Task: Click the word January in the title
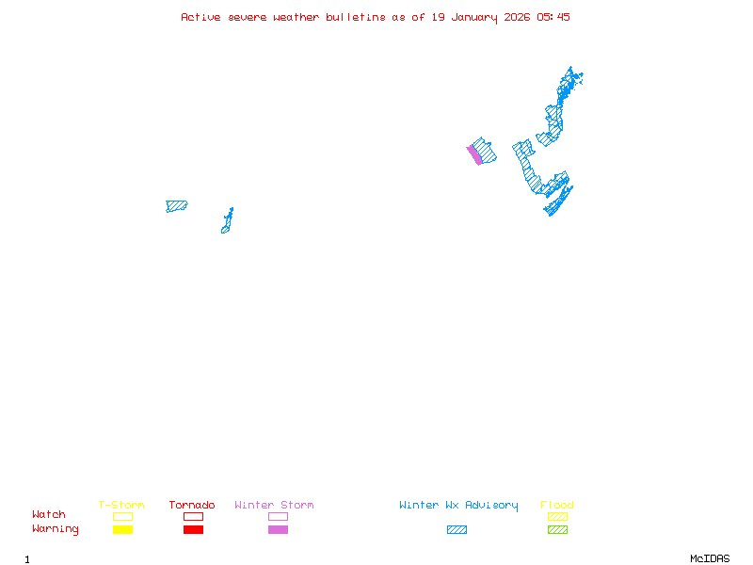point(473,17)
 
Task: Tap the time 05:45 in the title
point(553,17)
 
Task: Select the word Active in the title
point(200,17)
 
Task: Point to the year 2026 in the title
point(518,17)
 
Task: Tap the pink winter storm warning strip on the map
point(475,154)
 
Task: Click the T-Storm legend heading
point(121,506)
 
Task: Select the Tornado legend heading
point(192,506)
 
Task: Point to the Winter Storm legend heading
point(274,506)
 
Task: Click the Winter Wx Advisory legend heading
point(458,506)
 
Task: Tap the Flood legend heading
point(557,506)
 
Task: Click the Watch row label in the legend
point(49,515)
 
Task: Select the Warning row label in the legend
point(56,529)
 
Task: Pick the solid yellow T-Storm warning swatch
point(122,529)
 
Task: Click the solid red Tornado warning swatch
point(193,529)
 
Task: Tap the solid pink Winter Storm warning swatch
point(278,529)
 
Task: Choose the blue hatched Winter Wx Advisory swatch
point(457,529)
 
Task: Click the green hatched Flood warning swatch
point(557,529)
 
